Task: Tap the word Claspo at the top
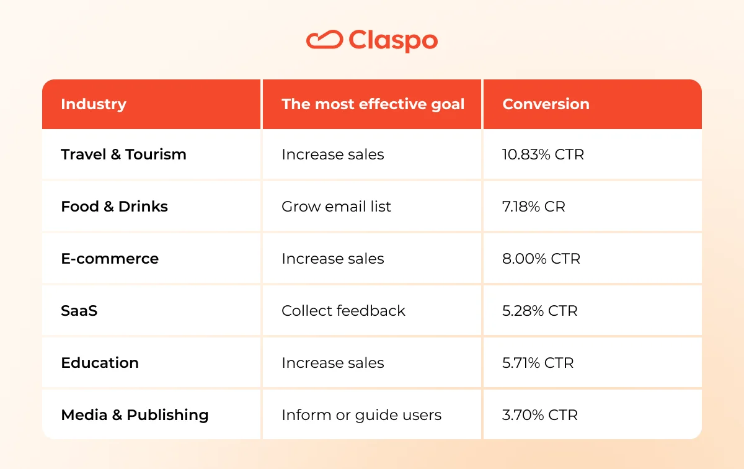coord(393,41)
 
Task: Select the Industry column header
coord(94,104)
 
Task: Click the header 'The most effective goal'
coord(373,104)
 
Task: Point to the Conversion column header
coord(546,104)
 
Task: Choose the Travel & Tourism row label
coord(123,154)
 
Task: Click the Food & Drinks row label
coord(114,207)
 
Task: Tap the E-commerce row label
coord(110,259)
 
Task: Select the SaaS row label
coord(79,311)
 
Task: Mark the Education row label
coord(100,363)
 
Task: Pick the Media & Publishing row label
coord(135,415)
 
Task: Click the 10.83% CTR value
coord(543,154)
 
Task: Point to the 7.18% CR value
coord(533,207)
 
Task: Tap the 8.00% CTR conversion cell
coord(541,259)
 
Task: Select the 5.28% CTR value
coord(540,311)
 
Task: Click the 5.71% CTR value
coord(538,363)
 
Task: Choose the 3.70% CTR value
coord(540,415)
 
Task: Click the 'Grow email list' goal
coord(336,207)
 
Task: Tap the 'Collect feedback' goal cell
coord(343,311)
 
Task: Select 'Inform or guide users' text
coord(361,415)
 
